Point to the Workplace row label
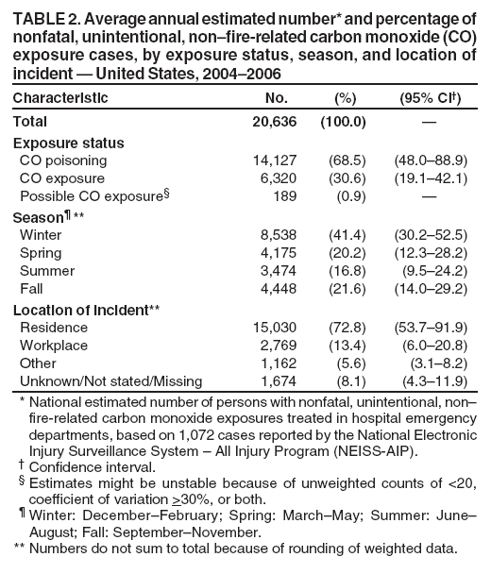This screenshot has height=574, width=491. point(54,345)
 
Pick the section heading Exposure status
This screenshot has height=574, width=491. point(69,143)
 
